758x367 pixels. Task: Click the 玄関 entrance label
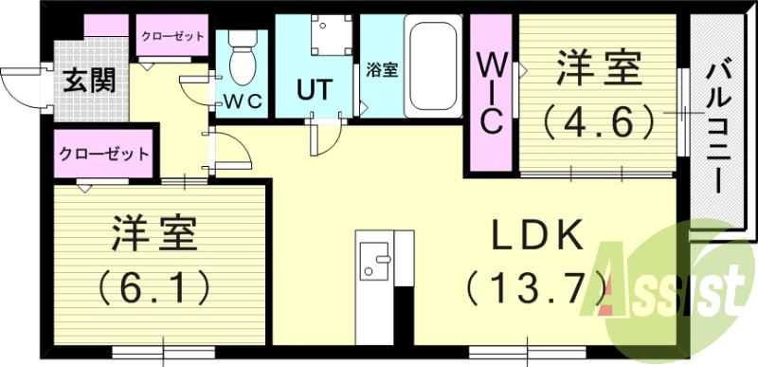click(x=90, y=80)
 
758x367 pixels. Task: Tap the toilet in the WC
click(x=244, y=59)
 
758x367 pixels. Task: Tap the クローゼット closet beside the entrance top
click(x=172, y=36)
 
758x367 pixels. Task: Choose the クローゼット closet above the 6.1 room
click(x=104, y=153)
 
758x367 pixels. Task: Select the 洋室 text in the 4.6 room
click(x=599, y=68)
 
